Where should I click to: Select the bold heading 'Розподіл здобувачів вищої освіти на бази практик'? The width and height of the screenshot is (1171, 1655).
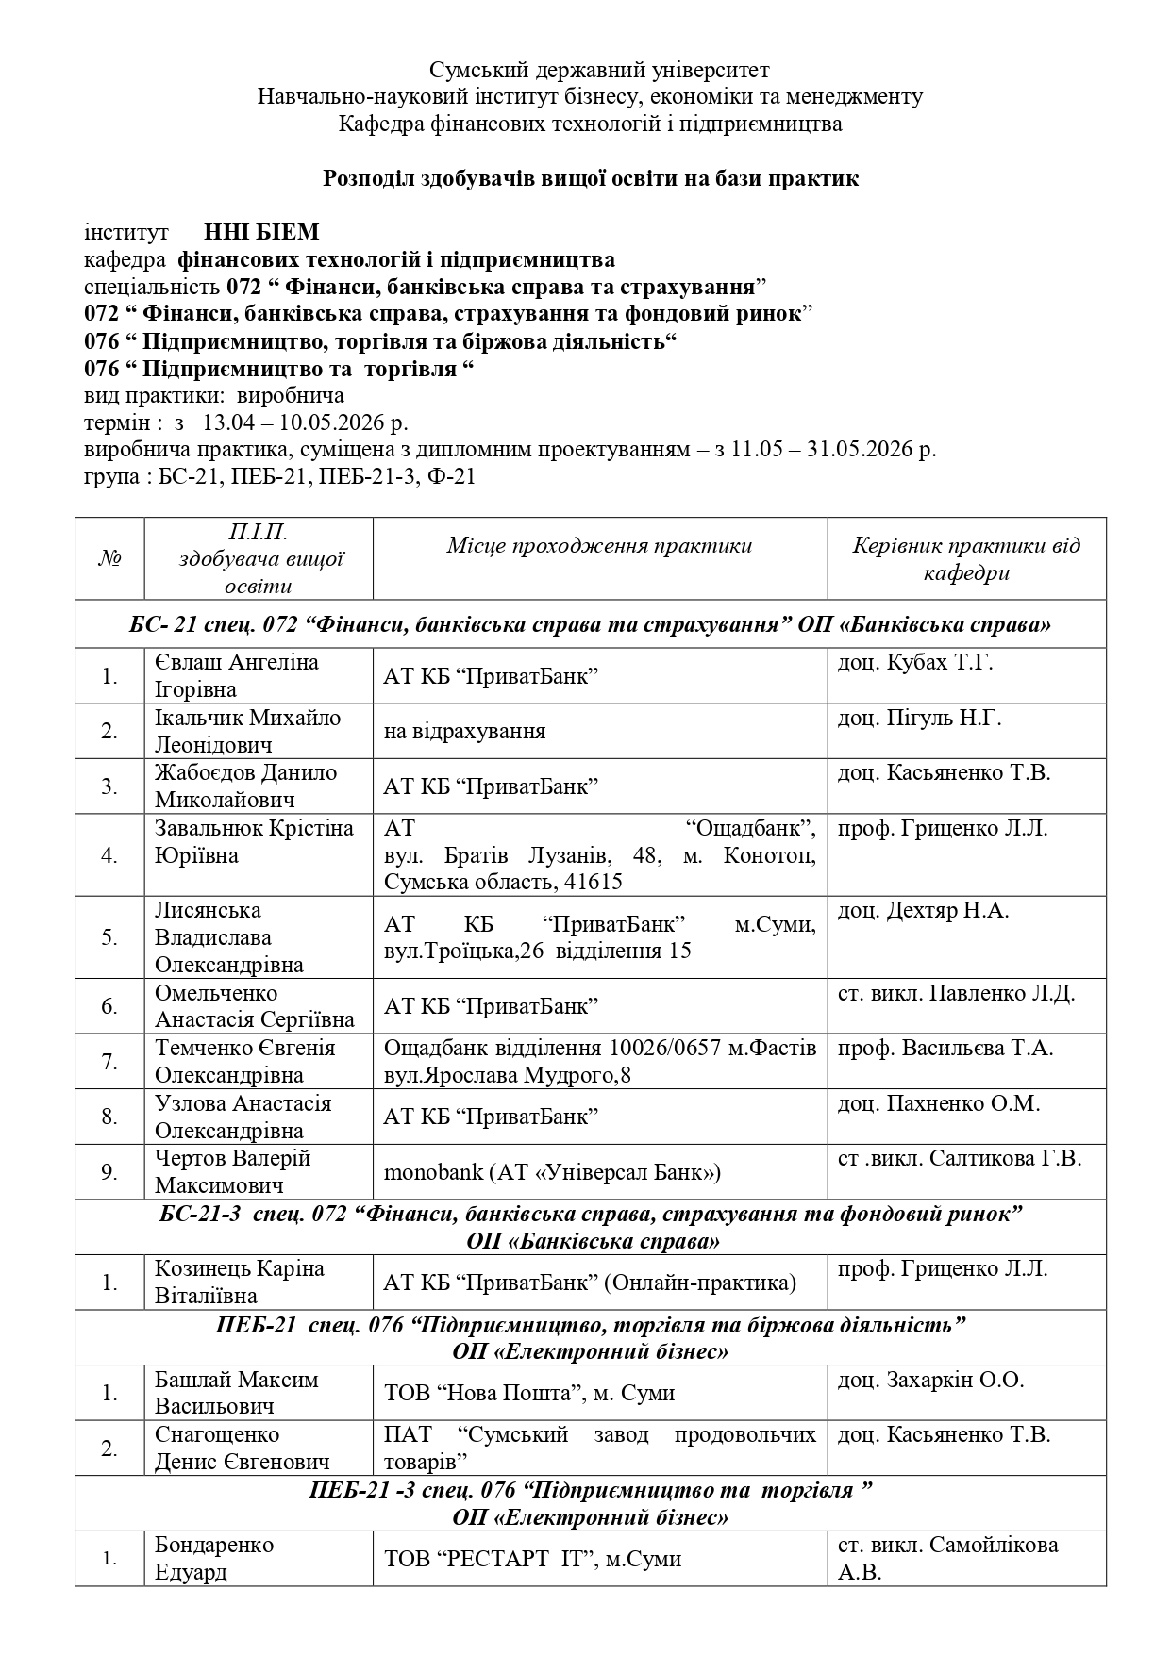591,178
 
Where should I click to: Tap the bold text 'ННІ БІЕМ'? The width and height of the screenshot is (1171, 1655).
262,232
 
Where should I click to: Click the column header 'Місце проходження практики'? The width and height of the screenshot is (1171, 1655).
599,545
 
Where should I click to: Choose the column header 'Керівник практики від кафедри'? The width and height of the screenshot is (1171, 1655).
966,558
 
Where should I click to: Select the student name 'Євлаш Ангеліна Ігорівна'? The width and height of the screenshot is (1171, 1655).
237,675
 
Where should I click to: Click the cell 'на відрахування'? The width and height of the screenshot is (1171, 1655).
464,731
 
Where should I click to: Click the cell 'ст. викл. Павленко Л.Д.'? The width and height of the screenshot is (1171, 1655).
956,993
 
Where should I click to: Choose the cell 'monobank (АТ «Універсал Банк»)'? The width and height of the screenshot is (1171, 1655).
552,1172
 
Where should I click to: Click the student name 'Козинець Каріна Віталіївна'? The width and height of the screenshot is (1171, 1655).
240,1282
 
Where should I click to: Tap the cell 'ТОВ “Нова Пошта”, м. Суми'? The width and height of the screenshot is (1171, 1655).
528,1393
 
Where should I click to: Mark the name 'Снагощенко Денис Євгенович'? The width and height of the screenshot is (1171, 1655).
242,1448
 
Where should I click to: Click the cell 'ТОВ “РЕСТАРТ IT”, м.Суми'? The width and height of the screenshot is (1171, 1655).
532,1559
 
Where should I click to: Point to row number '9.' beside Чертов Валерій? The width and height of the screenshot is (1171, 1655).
109,1172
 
